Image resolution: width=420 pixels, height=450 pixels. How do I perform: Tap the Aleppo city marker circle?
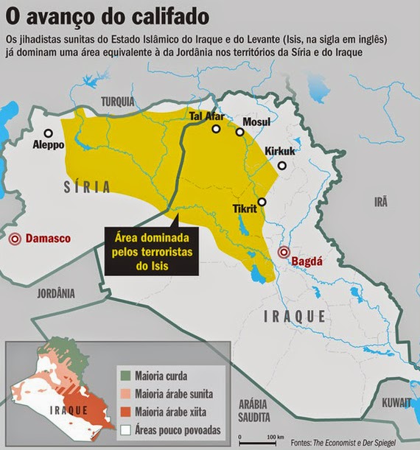pyautogui.click(x=49, y=133)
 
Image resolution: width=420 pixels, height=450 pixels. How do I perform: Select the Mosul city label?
pyautogui.click(x=256, y=122)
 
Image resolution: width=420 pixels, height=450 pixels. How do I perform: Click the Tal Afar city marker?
pyautogui.click(x=217, y=129)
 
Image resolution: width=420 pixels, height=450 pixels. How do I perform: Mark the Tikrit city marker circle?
pyautogui.click(x=262, y=201)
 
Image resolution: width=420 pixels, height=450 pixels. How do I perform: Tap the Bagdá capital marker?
pyautogui.click(x=284, y=253)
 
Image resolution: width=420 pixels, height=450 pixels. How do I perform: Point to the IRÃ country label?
pyautogui.click(x=381, y=202)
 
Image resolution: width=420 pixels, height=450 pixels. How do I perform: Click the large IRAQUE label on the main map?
pyautogui.click(x=295, y=315)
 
